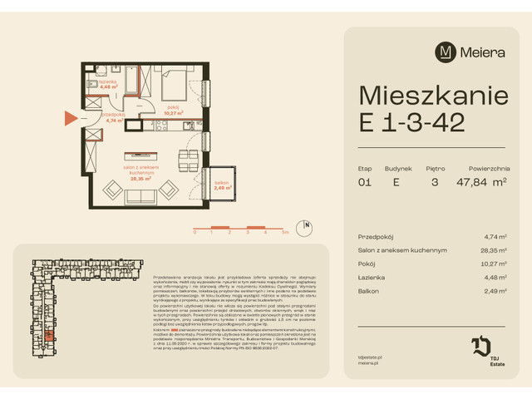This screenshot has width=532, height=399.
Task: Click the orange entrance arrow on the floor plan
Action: (71, 119)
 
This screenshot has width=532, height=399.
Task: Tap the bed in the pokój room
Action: (175, 85)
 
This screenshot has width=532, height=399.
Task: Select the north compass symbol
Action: (307, 224)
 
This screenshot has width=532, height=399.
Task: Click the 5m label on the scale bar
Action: (285, 234)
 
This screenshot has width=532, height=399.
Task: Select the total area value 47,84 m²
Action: (481, 183)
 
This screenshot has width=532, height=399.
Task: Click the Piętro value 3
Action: (435, 183)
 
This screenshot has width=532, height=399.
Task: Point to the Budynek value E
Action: (396, 183)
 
